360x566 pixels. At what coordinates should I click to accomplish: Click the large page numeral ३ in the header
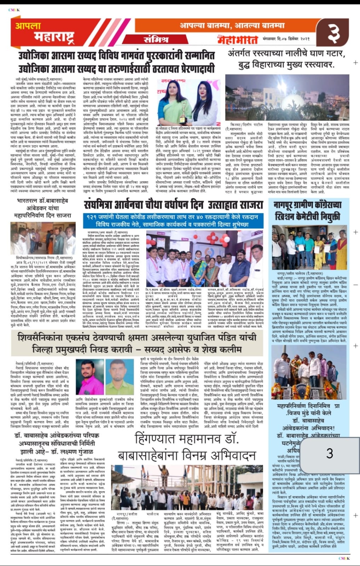click(333, 32)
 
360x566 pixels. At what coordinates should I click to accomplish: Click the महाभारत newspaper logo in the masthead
click(239, 39)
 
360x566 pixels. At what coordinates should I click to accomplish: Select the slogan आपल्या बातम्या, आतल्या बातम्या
click(232, 25)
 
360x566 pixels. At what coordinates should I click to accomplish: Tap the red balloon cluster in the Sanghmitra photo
click(223, 244)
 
